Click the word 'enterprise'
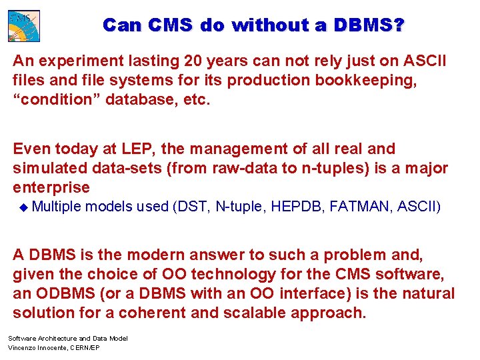(x=51, y=187)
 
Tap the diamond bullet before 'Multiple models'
(x=25, y=207)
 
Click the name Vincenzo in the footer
(x=23, y=348)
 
